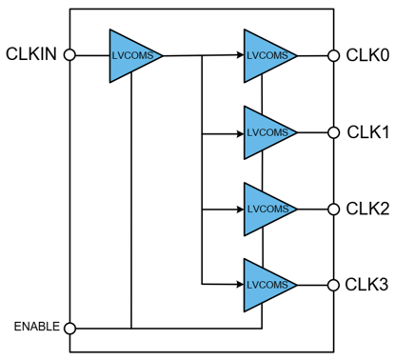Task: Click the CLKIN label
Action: [31, 54]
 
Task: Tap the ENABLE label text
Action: [37, 327]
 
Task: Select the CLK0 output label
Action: [367, 55]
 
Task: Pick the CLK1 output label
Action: [368, 132]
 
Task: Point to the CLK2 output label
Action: [367, 209]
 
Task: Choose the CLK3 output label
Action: [366, 285]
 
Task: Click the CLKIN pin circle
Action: [69, 55]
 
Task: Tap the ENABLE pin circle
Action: [69, 328]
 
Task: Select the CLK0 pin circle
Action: [333, 55]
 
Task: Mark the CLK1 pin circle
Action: [333, 132]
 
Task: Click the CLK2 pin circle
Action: [333, 210]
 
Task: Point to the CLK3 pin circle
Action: [333, 285]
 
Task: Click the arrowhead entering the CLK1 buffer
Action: [240, 134]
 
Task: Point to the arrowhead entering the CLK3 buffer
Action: [240, 284]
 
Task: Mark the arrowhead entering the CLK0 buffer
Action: [240, 55]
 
